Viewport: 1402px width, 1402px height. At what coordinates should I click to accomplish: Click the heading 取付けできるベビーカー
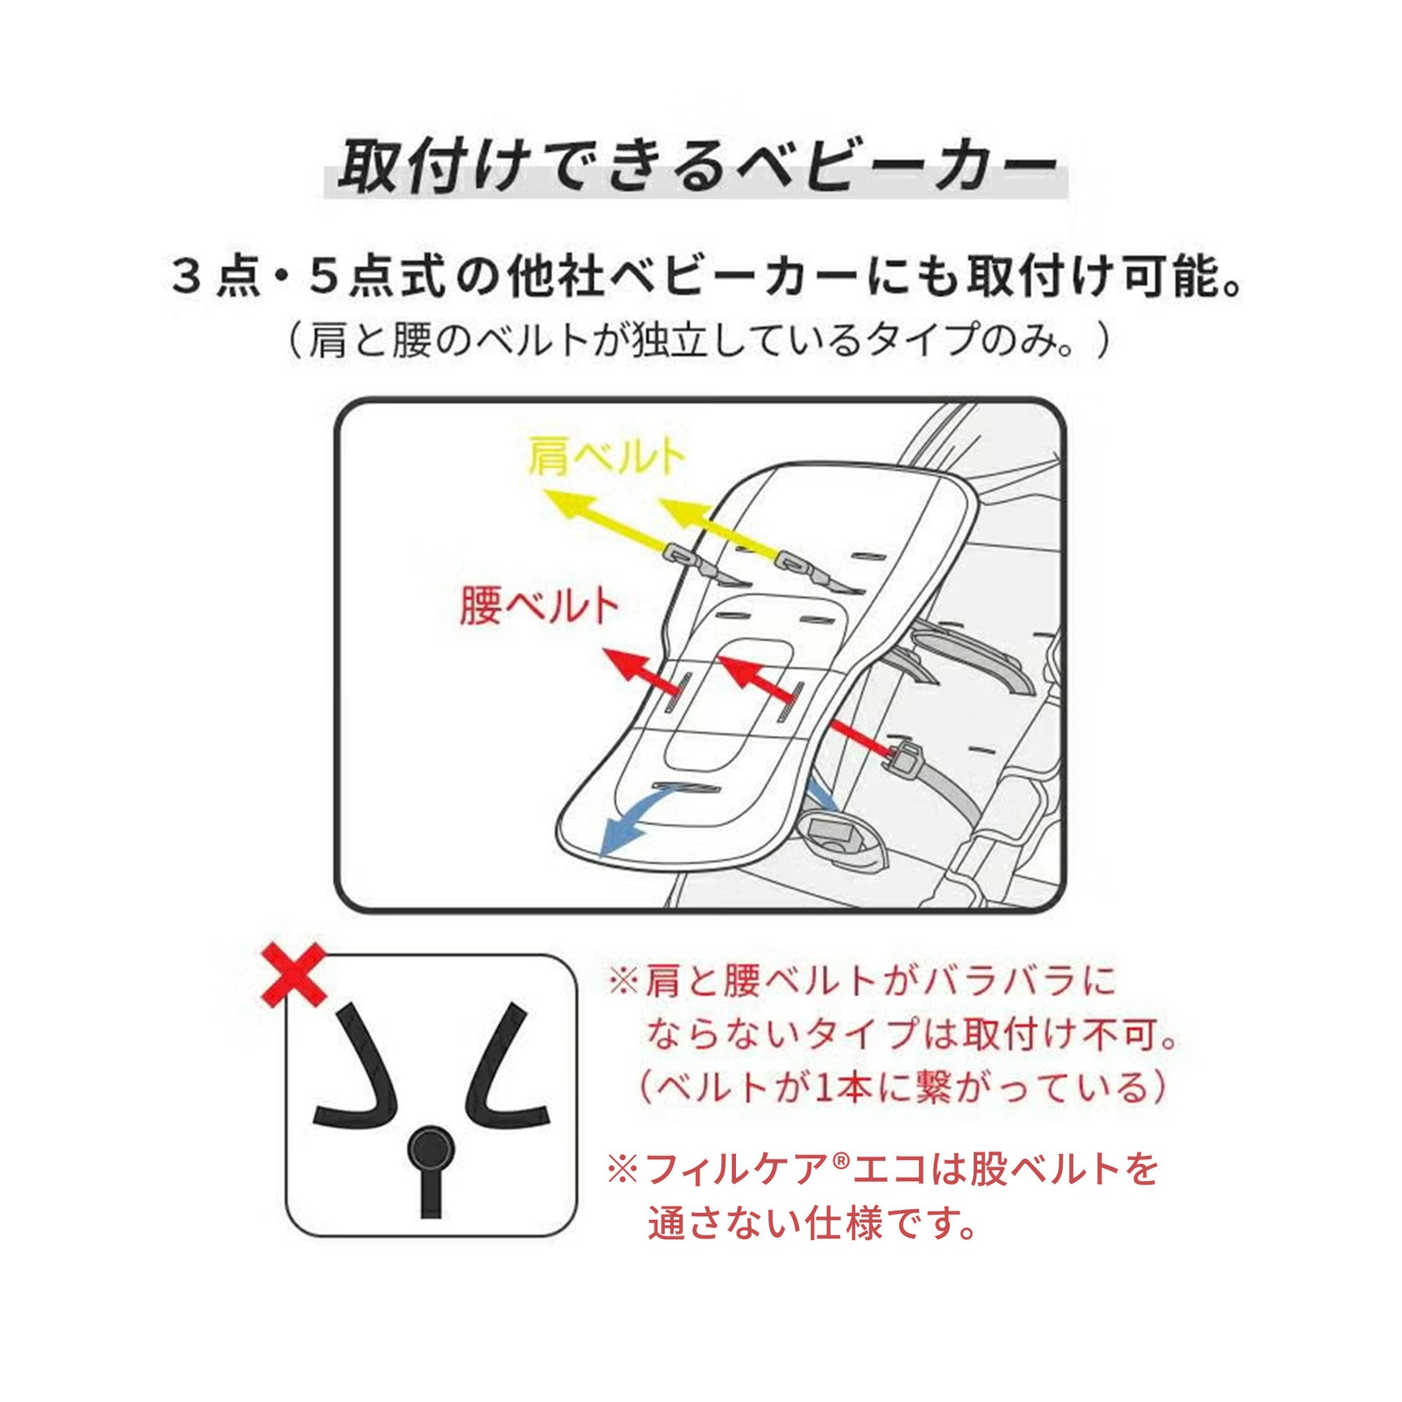click(697, 166)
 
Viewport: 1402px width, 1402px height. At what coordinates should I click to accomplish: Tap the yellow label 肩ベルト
click(606, 457)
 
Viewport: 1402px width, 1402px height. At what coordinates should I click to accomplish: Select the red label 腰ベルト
click(540, 605)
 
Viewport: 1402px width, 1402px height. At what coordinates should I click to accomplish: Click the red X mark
click(294, 974)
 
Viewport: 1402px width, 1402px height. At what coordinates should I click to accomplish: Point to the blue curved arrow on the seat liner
click(635, 811)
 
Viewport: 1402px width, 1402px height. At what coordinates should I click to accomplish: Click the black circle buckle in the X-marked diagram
click(430, 1147)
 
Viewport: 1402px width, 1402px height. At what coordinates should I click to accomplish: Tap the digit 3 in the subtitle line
click(187, 278)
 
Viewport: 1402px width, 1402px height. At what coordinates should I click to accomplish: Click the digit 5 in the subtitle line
click(323, 278)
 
